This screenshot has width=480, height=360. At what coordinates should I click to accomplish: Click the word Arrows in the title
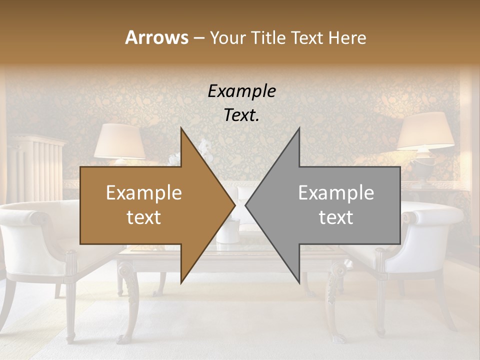pos(156,37)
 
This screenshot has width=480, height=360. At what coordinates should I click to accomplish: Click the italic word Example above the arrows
pos(241,91)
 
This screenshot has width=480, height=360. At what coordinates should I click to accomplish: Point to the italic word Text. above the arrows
pos(241,115)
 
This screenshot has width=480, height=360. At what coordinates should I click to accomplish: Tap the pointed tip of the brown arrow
pos(233,205)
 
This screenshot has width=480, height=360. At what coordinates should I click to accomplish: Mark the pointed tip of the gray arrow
pos(247,205)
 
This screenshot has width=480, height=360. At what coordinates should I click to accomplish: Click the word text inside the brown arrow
pos(143,217)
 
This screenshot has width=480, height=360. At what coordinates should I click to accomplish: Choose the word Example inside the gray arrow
pos(336,193)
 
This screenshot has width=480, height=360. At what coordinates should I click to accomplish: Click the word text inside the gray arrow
pos(336,217)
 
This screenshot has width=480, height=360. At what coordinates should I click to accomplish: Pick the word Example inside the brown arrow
pos(143,193)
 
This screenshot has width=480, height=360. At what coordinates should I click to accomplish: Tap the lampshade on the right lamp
pos(425,130)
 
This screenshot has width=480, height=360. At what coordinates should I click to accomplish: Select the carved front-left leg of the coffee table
pos(128,300)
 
